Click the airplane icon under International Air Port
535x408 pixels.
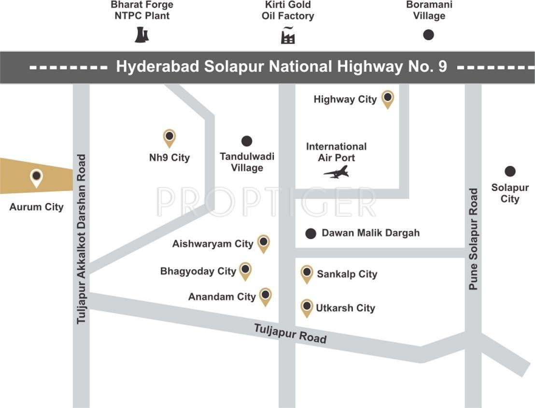click(x=336, y=172)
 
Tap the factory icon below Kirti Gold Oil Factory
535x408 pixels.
click(x=288, y=36)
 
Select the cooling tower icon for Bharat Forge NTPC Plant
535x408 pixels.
click(x=141, y=35)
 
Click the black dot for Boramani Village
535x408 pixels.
click(x=428, y=35)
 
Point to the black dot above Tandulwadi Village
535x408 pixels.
click(x=247, y=141)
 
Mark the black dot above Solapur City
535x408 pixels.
click(x=510, y=171)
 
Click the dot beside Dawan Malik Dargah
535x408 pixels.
click(x=311, y=233)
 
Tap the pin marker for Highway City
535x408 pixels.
click(x=387, y=98)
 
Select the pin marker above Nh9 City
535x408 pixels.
click(x=169, y=137)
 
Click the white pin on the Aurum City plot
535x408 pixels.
click(x=36, y=177)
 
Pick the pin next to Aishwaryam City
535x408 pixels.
click(x=263, y=243)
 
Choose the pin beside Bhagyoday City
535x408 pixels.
click(x=245, y=270)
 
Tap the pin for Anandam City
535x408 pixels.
click(x=265, y=296)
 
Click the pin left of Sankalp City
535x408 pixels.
click(x=307, y=273)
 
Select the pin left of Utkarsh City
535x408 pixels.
click(x=307, y=307)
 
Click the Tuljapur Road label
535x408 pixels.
click(x=290, y=334)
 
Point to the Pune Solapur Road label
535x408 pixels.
click(x=473, y=239)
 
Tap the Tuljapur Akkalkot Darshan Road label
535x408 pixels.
click(x=81, y=239)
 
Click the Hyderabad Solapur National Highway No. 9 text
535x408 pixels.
click(x=282, y=67)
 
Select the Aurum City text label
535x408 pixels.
click(x=37, y=207)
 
